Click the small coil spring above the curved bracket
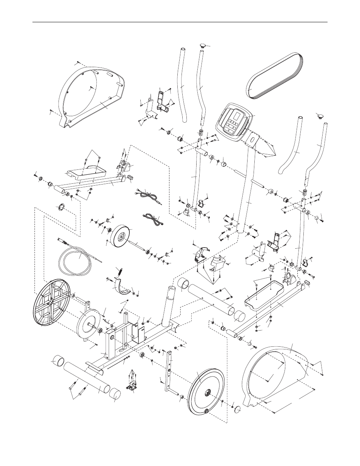(120, 271)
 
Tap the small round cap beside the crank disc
(238, 411)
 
